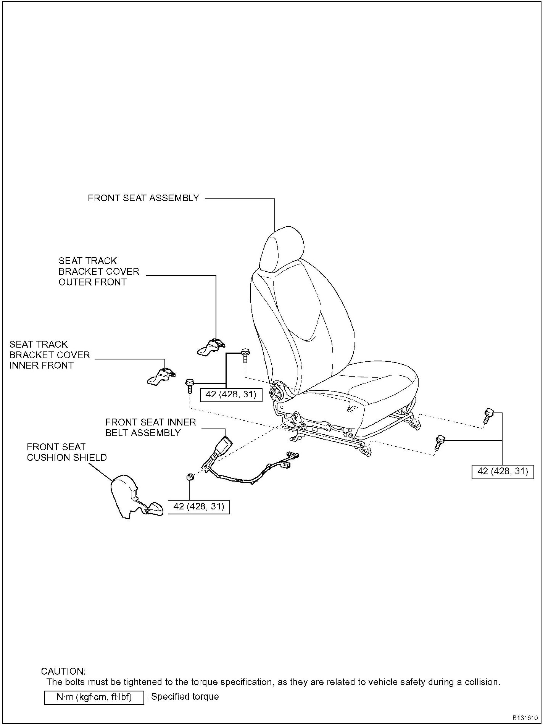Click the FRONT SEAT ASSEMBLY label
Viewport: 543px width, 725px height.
143,198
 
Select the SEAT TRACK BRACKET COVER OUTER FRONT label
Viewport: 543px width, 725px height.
98,271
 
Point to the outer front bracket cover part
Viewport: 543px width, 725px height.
211,347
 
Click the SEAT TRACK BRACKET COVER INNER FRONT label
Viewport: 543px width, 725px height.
50,355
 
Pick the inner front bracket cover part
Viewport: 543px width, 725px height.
161,377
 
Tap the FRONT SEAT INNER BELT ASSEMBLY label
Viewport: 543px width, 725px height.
150,427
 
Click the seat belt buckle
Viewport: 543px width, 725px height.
221,447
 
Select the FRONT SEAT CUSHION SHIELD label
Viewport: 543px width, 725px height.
67,452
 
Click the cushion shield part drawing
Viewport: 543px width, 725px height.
126,496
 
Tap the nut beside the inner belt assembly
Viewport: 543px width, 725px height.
189,477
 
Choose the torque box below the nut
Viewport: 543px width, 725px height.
199,507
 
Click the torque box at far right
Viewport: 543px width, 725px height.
503,472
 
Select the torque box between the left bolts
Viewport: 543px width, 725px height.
231,395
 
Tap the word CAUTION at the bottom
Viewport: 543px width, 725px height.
63,671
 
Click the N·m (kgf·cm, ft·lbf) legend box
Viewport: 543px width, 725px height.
94,697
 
